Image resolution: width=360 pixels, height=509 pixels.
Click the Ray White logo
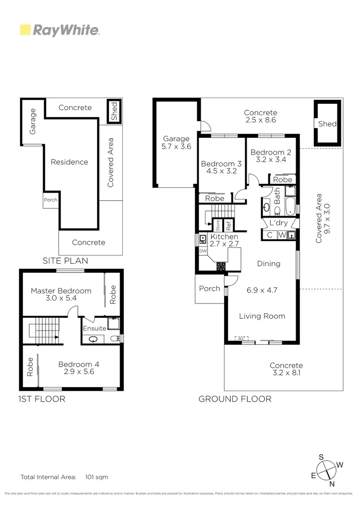[60, 30]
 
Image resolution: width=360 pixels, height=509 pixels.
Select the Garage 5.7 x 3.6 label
[177, 143]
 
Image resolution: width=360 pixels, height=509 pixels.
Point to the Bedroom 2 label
[268, 153]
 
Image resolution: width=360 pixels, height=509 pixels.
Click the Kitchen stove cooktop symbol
[221, 266]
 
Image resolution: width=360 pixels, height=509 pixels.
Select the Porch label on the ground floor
[210, 289]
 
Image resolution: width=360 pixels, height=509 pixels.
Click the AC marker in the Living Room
[241, 339]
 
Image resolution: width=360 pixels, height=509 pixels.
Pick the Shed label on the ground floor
[327, 124]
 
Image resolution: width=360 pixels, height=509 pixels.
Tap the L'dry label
[278, 224]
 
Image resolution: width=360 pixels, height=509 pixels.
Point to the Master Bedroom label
[61, 291]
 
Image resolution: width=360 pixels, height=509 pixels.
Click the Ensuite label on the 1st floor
[94, 329]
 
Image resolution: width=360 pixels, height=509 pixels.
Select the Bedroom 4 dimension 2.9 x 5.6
[81, 372]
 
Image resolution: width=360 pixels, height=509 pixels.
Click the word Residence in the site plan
[70, 162]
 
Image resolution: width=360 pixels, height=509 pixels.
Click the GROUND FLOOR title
[235, 399]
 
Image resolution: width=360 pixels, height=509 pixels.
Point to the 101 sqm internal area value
[96, 477]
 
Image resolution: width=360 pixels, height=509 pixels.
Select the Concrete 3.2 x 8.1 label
[286, 369]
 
